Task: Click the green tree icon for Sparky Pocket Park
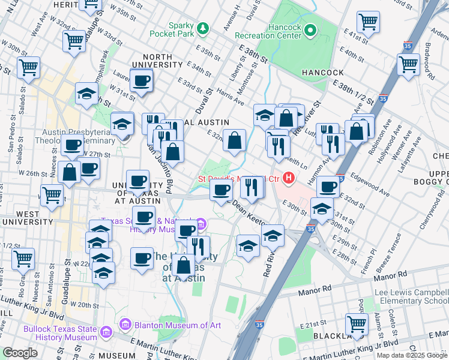pyautogui.click(x=203, y=28)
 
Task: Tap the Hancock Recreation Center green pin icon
pyautogui.click(x=310, y=29)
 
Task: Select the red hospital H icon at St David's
pyautogui.click(x=290, y=178)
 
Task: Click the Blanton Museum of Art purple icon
pyautogui.click(x=125, y=325)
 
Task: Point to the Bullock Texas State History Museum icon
pyautogui.click(x=106, y=332)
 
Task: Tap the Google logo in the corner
pyautogui.click(x=20, y=353)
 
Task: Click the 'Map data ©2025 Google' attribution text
pyautogui.click(x=412, y=355)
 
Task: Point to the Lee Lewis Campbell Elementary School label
pyautogui.click(x=411, y=296)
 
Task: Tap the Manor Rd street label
pyautogui.click(x=318, y=288)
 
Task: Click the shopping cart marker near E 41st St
pyautogui.click(x=368, y=22)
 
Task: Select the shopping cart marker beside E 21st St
pyautogui.click(x=357, y=323)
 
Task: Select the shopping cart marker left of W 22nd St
pyautogui.click(x=23, y=259)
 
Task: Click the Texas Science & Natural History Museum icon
pyautogui.click(x=201, y=225)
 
